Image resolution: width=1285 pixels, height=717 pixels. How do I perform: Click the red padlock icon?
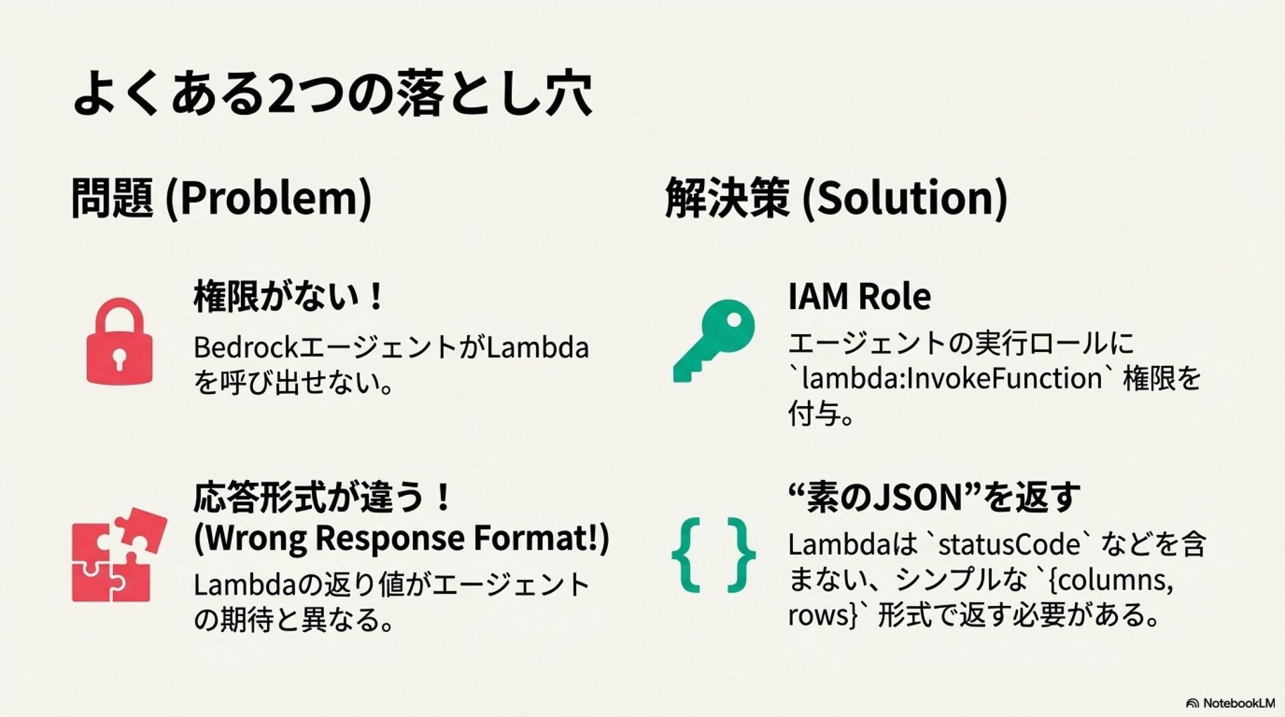[x=119, y=342]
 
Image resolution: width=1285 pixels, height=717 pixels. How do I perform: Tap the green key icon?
[x=713, y=340]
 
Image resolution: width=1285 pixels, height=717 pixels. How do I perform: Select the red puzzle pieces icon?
[x=118, y=555]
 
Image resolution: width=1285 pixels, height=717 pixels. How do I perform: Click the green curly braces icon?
[x=713, y=555]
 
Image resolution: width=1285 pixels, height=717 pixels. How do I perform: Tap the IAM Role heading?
[x=859, y=296]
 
